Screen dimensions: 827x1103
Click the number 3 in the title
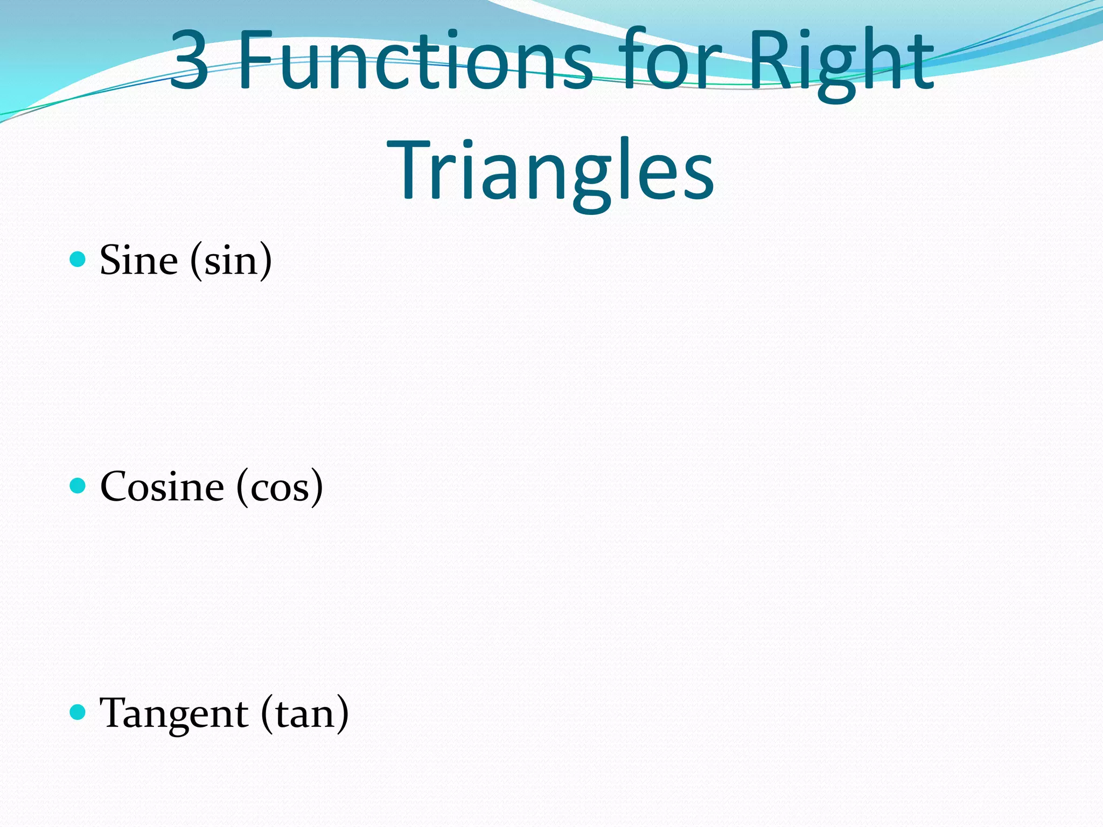coord(190,60)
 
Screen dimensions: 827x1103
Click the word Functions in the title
coord(415,60)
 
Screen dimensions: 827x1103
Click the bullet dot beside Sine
coord(78,260)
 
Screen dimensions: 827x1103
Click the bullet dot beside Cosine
coord(78,486)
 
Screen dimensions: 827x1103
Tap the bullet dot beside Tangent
coord(78,712)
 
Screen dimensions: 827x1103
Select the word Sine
coord(139,261)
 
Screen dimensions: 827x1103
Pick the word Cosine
coord(162,487)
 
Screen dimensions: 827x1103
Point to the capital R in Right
coord(770,60)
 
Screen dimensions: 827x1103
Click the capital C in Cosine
coord(116,487)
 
